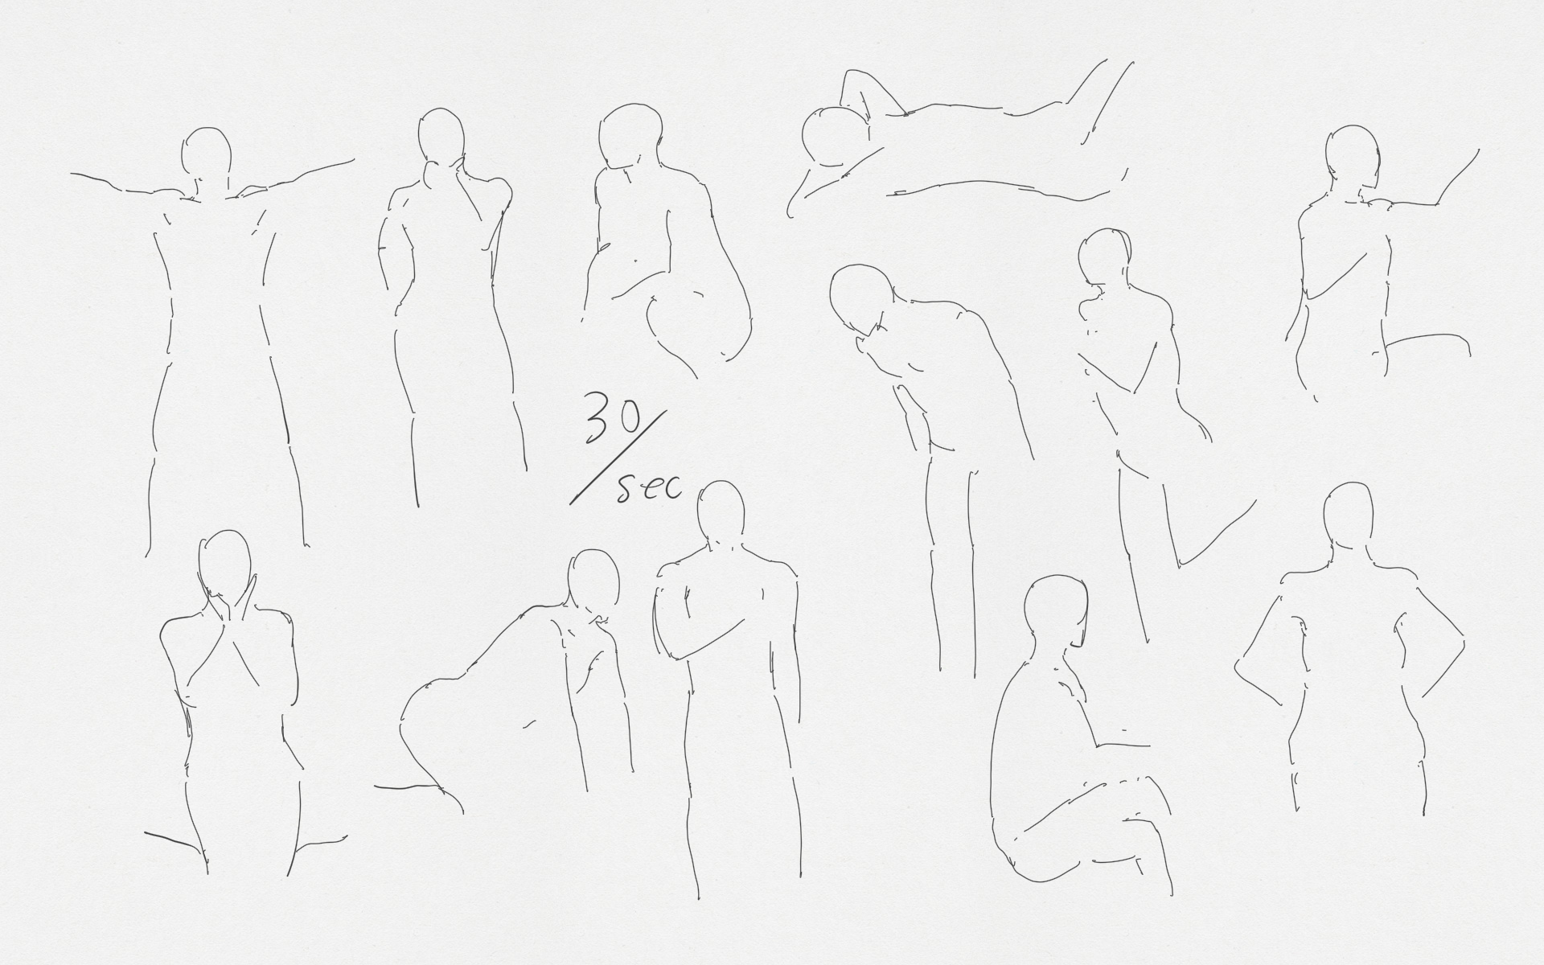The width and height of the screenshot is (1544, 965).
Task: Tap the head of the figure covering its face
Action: (x=224, y=563)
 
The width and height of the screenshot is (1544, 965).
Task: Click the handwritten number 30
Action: (x=613, y=418)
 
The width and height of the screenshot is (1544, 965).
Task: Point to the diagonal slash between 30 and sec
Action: (x=618, y=458)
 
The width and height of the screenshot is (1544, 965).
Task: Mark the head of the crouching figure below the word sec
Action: (x=593, y=581)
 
